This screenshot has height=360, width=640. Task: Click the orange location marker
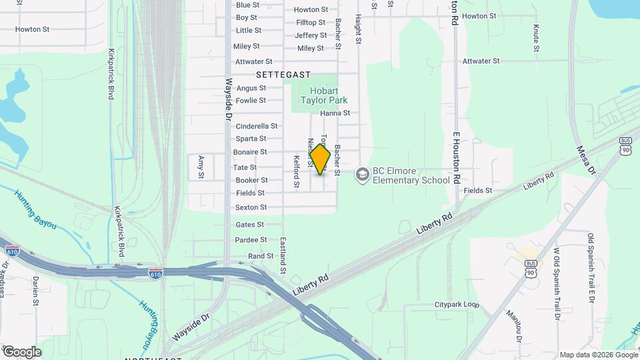[320, 160]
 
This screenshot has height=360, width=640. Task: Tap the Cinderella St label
[257, 126]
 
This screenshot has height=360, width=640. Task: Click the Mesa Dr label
[585, 160]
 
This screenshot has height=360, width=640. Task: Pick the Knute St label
[536, 39]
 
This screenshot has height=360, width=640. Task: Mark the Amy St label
[201, 167]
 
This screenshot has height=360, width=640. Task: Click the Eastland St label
[283, 256]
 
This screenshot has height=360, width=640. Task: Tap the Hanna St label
[335, 113]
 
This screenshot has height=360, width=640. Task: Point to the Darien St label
[35, 289]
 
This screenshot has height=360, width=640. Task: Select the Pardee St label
[251, 240]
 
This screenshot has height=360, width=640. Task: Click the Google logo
[21, 351]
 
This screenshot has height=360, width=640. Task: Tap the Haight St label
[358, 31]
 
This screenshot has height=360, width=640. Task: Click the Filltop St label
[310, 22]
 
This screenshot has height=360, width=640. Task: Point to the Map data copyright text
[598, 355]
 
